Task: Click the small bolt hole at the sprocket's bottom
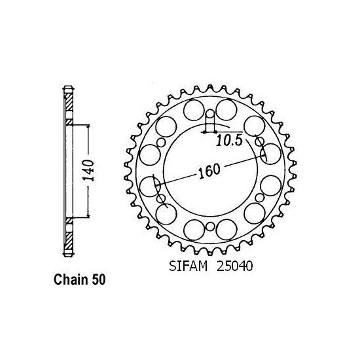tap(210, 226)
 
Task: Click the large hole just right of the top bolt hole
tap(226, 109)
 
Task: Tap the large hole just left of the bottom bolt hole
tap(194, 230)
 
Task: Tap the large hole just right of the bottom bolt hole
tap(226, 230)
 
